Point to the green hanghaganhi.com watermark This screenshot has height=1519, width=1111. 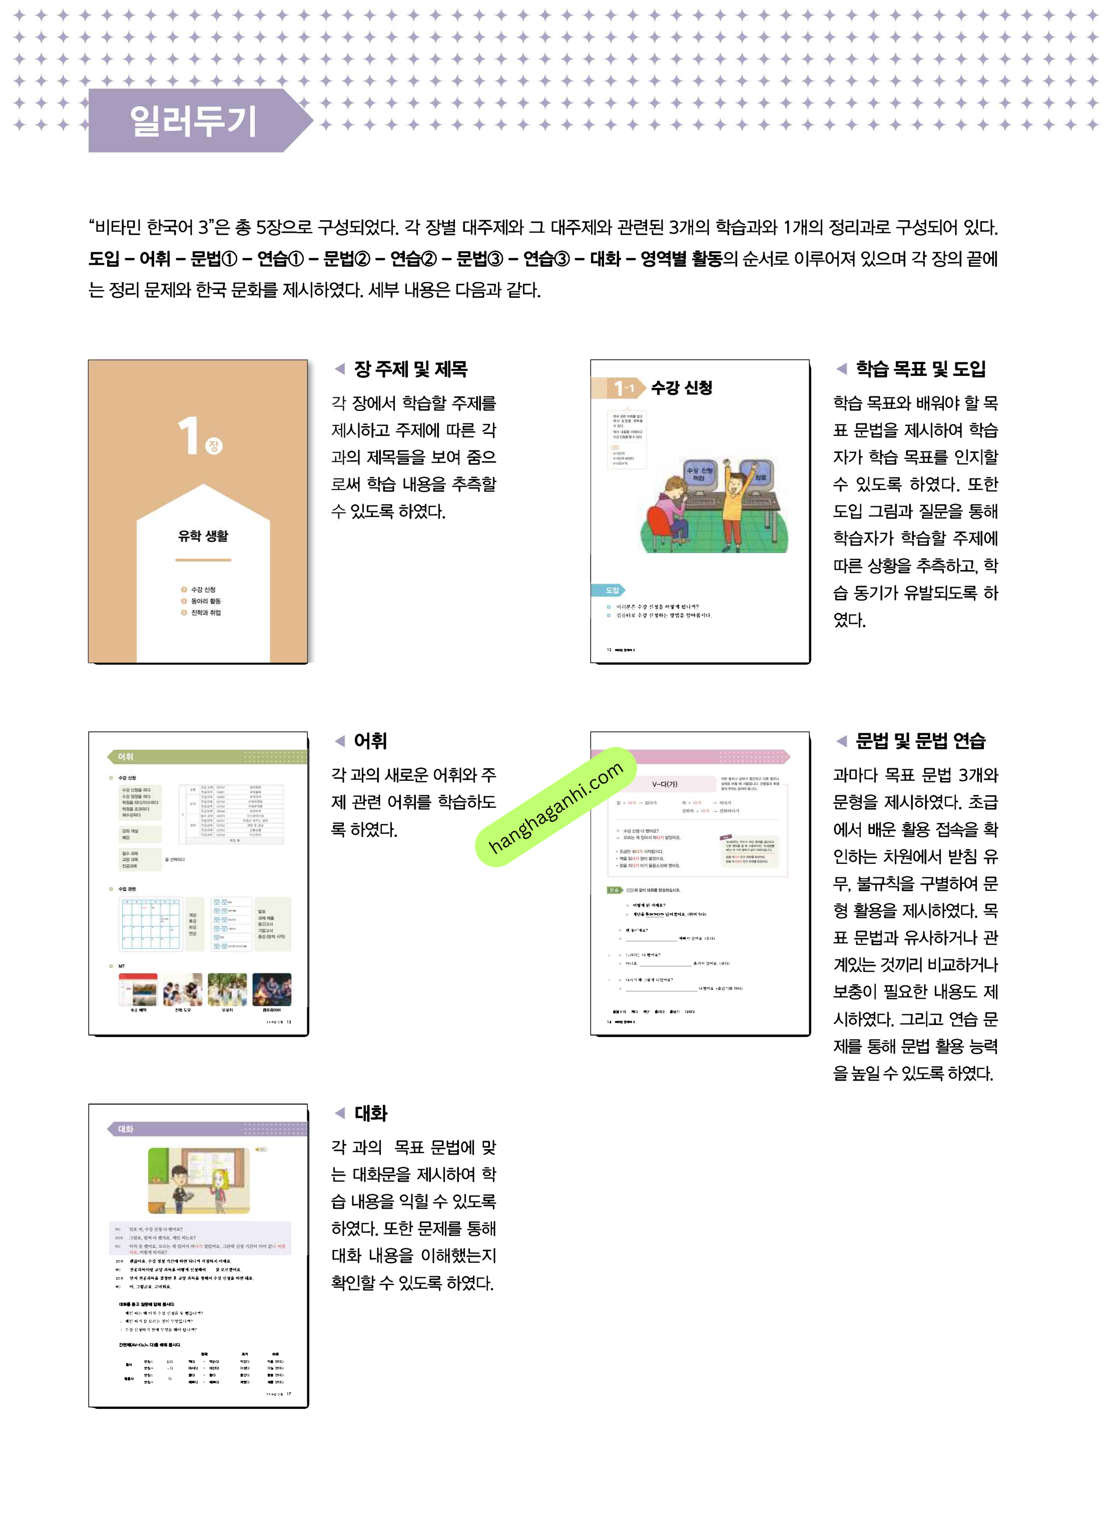point(555,806)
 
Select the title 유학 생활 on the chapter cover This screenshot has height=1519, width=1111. point(203,536)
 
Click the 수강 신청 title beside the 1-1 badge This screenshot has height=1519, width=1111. point(681,388)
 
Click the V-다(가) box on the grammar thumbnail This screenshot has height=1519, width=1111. point(665,784)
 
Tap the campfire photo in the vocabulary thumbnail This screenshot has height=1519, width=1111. point(272,989)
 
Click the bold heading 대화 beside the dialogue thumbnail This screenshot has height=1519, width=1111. point(370,1114)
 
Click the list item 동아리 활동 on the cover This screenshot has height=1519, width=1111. point(206,601)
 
